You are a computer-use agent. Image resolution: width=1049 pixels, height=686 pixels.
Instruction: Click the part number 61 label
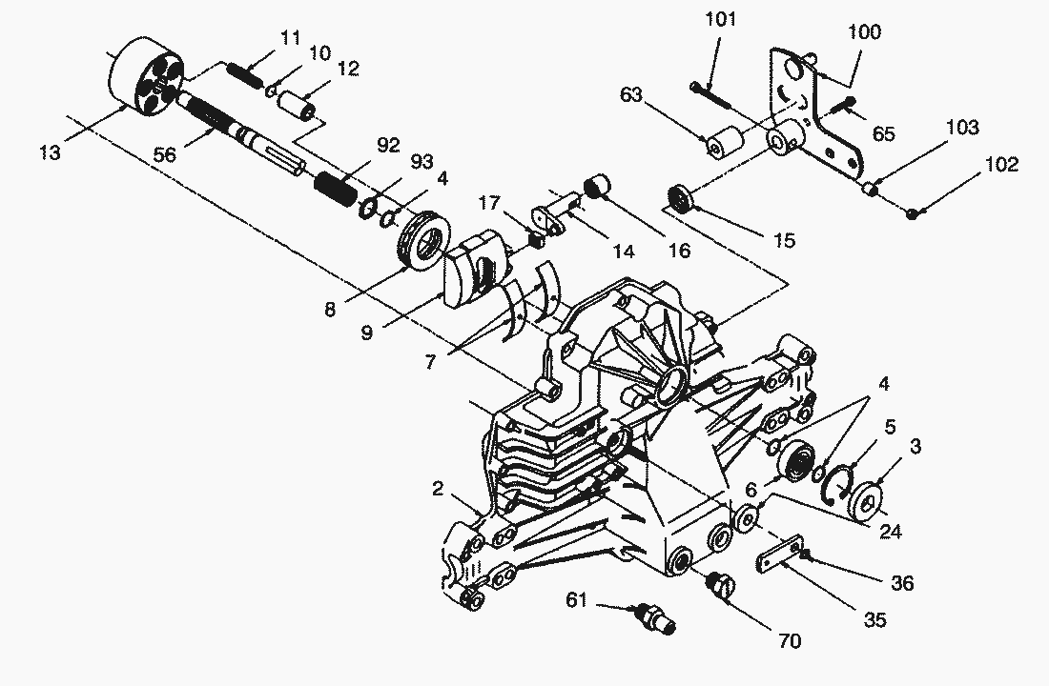pos(577,600)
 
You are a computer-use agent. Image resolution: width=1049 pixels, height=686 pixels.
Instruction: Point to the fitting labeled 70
pos(721,585)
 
